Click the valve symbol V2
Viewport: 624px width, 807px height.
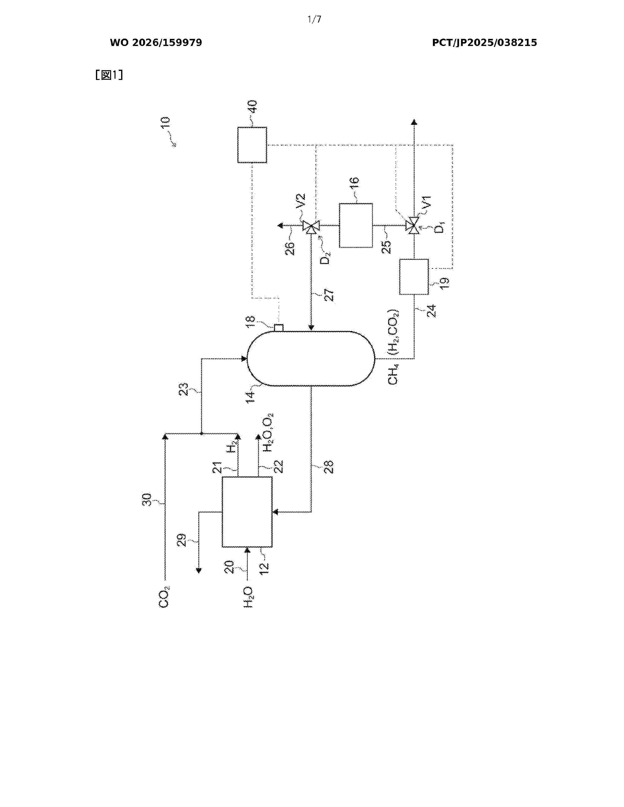point(311,225)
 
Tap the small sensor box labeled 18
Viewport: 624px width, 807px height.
point(278,328)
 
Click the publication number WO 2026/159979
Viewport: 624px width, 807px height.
point(156,43)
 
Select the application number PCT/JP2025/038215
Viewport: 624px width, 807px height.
point(484,43)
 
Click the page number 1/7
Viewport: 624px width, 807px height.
point(314,19)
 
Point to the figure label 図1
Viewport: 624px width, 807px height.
point(109,75)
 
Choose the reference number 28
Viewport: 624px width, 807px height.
point(329,467)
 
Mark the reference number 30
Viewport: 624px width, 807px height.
point(147,500)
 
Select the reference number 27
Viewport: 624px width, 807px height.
point(329,295)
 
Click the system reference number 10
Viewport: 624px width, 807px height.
point(165,122)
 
